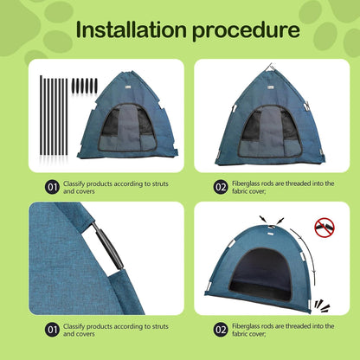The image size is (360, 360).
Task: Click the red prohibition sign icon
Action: coord(324,228)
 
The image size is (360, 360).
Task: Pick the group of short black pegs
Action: coord(84,86)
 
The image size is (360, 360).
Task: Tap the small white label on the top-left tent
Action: coord(125,83)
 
